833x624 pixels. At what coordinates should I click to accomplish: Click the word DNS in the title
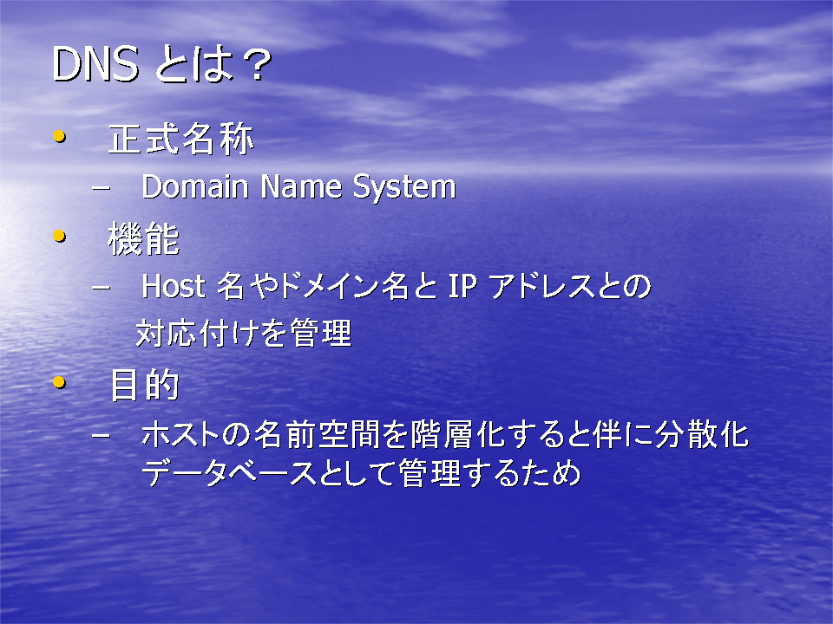click(x=95, y=64)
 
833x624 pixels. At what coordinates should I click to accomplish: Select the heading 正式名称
click(x=180, y=140)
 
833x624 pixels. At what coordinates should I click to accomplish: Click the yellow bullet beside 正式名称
click(x=60, y=137)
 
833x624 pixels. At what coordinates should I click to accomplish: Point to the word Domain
click(x=195, y=187)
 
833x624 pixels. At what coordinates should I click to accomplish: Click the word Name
click(x=301, y=187)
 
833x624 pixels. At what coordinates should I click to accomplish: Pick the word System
click(x=404, y=188)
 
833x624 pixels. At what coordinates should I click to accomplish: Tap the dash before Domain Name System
click(x=101, y=188)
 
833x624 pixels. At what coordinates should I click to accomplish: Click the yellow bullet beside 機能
click(x=60, y=236)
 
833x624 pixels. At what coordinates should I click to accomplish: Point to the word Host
click(x=174, y=286)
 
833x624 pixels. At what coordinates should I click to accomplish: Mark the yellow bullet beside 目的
click(x=60, y=382)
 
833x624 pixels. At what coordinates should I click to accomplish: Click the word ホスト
click(x=180, y=434)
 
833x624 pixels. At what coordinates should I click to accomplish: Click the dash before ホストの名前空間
click(x=101, y=435)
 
